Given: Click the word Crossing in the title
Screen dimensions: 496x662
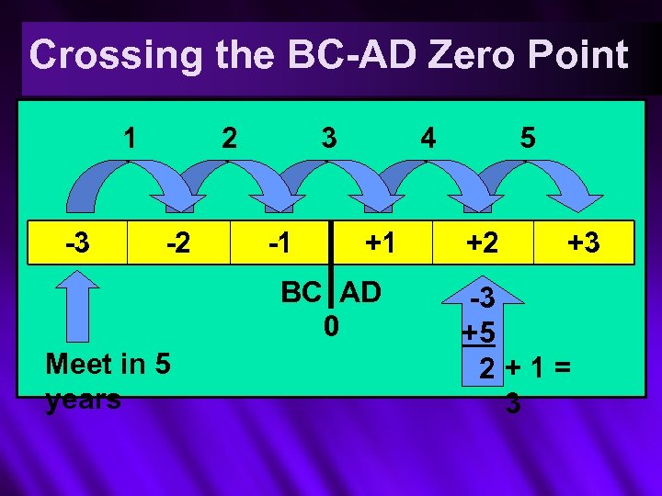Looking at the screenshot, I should pyautogui.click(x=116, y=55).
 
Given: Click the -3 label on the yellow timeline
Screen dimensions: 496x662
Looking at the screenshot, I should pyautogui.click(x=77, y=243).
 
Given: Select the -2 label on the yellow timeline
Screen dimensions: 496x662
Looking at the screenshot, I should pyautogui.click(x=177, y=243).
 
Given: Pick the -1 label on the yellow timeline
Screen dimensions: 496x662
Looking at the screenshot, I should pyautogui.click(x=278, y=243).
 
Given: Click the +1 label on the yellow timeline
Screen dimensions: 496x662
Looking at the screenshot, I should pyautogui.click(x=380, y=243).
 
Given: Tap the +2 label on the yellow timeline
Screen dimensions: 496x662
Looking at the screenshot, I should pyautogui.click(x=482, y=243).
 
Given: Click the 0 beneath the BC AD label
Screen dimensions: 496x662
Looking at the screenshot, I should pyautogui.click(x=331, y=326).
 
